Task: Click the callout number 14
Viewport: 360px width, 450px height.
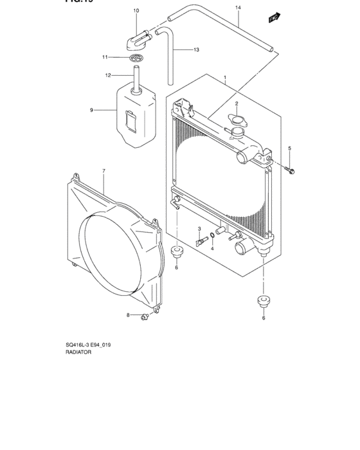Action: point(237,7)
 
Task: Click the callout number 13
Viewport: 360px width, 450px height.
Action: point(197,50)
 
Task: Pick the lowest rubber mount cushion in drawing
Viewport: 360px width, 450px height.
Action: point(262,300)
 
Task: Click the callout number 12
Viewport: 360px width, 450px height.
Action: point(109,75)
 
